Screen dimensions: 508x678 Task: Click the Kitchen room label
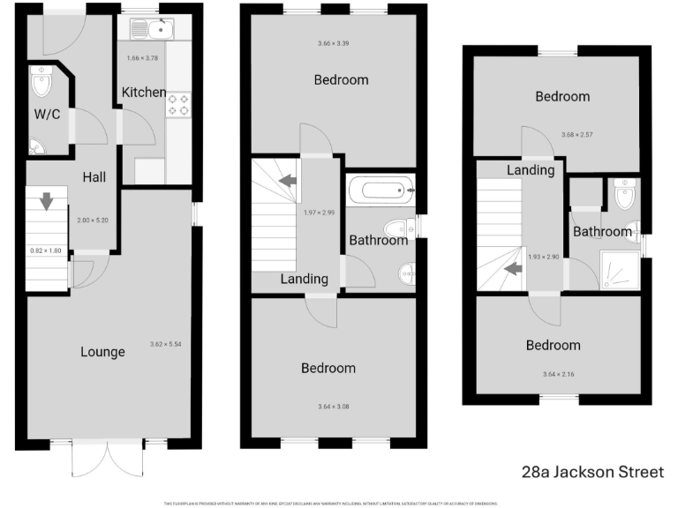click(x=144, y=93)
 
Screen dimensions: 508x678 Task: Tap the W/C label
click(x=47, y=115)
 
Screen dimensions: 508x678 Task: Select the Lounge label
click(x=102, y=352)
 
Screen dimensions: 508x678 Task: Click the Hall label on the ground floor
click(x=94, y=177)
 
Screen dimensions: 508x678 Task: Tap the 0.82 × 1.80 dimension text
click(x=46, y=250)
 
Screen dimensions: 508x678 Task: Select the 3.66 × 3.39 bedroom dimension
click(x=334, y=43)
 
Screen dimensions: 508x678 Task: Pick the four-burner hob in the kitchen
click(x=178, y=104)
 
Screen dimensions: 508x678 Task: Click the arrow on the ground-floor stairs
click(x=46, y=202)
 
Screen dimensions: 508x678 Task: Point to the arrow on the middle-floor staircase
click(x=286, y=182)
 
